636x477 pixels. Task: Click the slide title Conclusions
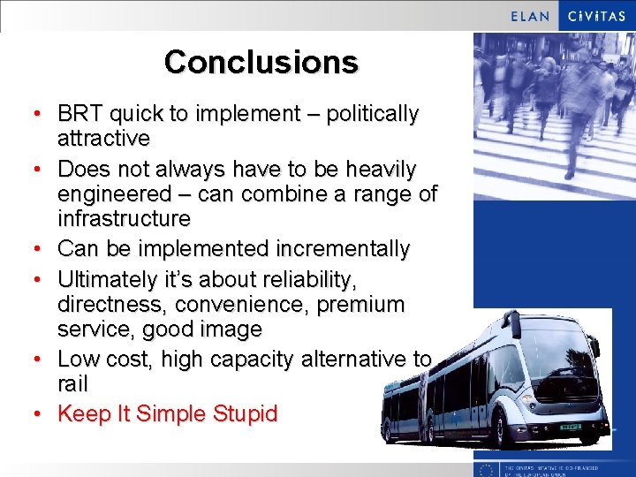coord(261,62)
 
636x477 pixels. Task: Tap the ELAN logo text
coord(531,16)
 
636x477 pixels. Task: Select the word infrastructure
coord(124,217)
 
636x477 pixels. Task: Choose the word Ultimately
coord(113,280)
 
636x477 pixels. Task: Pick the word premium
coord(364,305)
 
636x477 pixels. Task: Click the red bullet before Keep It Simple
coord(36,413)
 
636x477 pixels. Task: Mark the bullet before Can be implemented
coord(36,249)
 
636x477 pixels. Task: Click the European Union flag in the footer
coord(487,469)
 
